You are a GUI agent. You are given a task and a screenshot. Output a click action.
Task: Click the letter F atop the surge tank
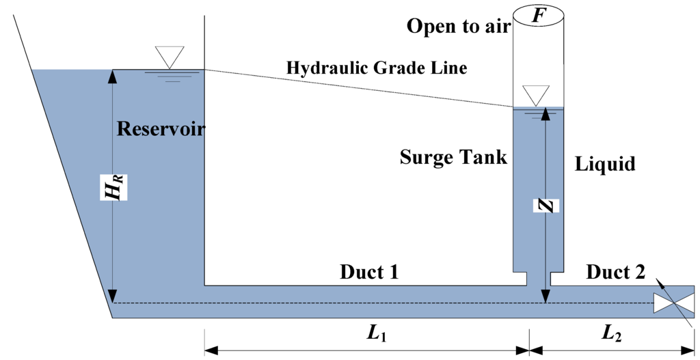[x=539, y=15]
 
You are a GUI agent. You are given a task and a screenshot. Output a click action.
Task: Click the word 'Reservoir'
[x=161, y=128]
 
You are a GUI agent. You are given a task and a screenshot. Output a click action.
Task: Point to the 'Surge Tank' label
[x=453, y=158]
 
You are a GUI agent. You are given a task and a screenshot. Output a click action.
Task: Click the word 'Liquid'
[x=605, y=164]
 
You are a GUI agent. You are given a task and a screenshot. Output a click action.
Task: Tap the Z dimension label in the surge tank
[x=546, y=205]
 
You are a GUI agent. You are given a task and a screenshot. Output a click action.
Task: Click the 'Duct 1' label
[x=369, y=272]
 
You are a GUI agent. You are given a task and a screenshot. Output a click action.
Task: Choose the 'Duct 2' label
[x=615, y=272]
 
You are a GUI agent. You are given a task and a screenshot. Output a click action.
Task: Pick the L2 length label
[x=612, y=333]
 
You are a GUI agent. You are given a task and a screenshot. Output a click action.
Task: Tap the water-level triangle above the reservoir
[x=170, y=55]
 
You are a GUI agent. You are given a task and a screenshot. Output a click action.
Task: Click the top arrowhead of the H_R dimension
[x=113, y=75]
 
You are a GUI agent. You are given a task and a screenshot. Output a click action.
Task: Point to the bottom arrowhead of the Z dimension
[x=546, y=296]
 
